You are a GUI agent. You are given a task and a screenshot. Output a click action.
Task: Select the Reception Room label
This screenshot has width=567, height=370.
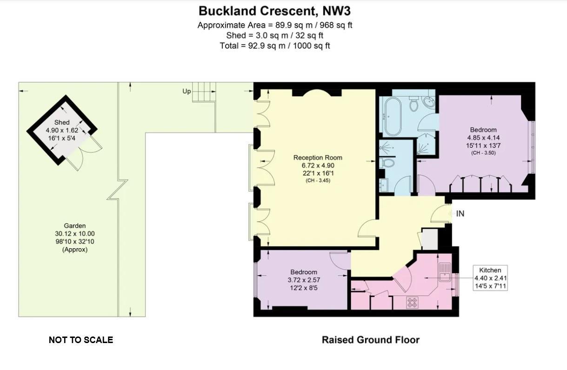click(x=318, y=158)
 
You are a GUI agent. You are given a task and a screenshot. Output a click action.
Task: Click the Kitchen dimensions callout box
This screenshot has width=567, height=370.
click(x=490, y=278)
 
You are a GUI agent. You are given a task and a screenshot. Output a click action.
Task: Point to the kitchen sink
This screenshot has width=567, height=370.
click(x=444, y=272)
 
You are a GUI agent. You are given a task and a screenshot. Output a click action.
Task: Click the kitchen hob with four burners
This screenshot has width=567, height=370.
click(x=412, y=303)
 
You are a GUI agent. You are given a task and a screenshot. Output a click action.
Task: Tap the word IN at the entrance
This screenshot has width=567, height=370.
click(x=460, y=214)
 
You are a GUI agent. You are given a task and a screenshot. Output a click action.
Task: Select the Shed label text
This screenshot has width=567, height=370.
click(x=62, y=122)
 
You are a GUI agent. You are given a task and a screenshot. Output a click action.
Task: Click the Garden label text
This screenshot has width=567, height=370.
click(x=74, y=226)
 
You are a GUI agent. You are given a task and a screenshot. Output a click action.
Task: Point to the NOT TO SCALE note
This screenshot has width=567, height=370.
click(x=81, y=340)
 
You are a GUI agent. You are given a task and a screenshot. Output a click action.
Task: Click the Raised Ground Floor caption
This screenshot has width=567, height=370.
click(x=370, y=340)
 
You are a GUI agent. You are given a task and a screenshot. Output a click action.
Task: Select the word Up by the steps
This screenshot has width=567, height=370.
click(x=187, y=92)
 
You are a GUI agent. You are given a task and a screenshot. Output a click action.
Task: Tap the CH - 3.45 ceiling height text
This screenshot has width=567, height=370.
click(x=318, y=180)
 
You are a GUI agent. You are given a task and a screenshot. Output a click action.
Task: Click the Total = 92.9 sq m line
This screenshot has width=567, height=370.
click(x=274, y=46)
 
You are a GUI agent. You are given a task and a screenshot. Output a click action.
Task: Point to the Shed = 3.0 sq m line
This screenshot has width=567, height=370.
click(x=274, y=35)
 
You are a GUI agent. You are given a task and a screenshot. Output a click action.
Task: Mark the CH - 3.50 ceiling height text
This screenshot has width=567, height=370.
click(x=483, y=152)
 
